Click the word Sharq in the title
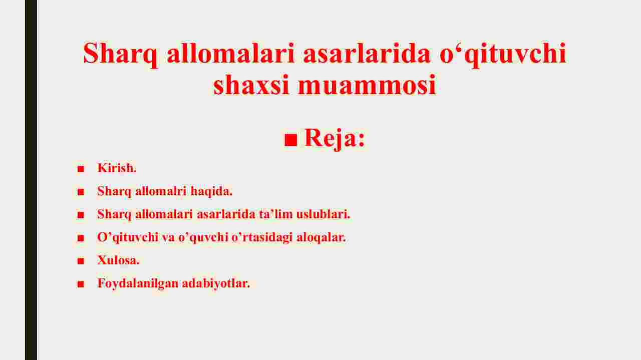pyautogui.click(x=120, y=55)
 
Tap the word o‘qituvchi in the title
pyautogui.click(x=503, y=55)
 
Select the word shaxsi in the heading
pyautogui.click(x=251, y=85)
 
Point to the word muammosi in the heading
pyautogui.click(x=367, y=85)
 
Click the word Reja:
pyautogui.click(x=335, y=139)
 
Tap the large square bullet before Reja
pyautogui.click(x=291, y=140)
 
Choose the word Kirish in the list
pyautogui.click(x=117, y=168)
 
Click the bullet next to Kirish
pyautogui.click(x=81, y=169)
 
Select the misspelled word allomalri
pyautogui.click(x=161, y=191)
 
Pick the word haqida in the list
pyautogui.click(x=211, y=191)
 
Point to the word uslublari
pyautogui.click(x=323, y=214)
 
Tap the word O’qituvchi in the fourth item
pyautogui.click(x=128, y=237)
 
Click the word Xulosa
pyautogui.click(x=118, y=260)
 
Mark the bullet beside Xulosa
pyautogui.click(x=81, y=261)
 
